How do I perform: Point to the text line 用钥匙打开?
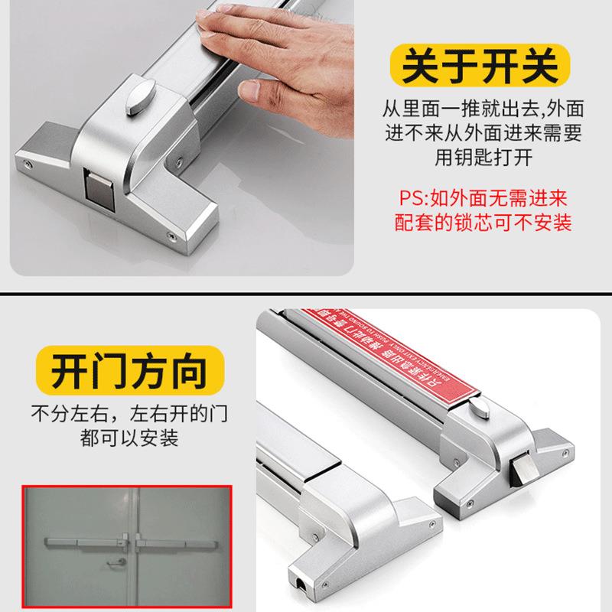click(488, 158)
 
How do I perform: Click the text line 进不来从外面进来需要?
click(488, 133)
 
